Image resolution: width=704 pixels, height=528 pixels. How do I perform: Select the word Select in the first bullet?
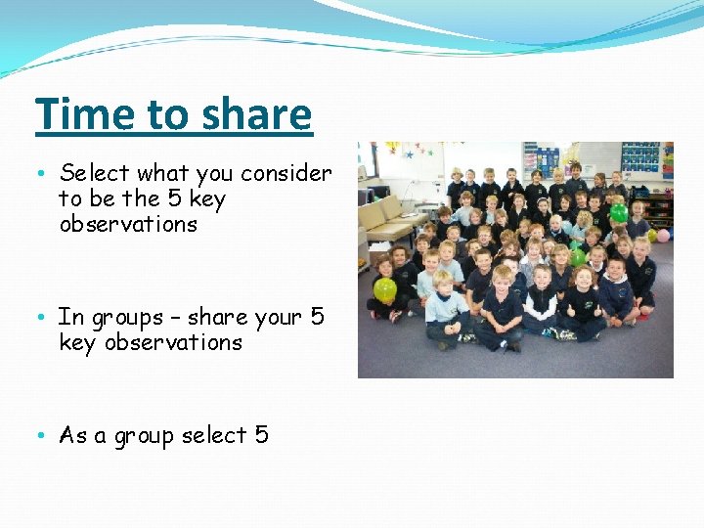pos(95,174)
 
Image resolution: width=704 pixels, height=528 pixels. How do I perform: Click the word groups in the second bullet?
pos(127,318)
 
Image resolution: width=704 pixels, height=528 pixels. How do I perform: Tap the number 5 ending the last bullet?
pos(261,435)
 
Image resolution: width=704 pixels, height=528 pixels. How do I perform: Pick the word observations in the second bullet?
pos(173,343)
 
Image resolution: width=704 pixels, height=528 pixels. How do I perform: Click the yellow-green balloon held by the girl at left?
pos(385,289)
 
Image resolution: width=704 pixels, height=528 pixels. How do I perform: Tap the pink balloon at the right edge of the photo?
pos(662,235)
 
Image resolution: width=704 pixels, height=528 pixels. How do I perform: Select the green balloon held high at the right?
pos(618,212)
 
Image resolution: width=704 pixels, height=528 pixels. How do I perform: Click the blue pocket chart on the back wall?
pos(640,157)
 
